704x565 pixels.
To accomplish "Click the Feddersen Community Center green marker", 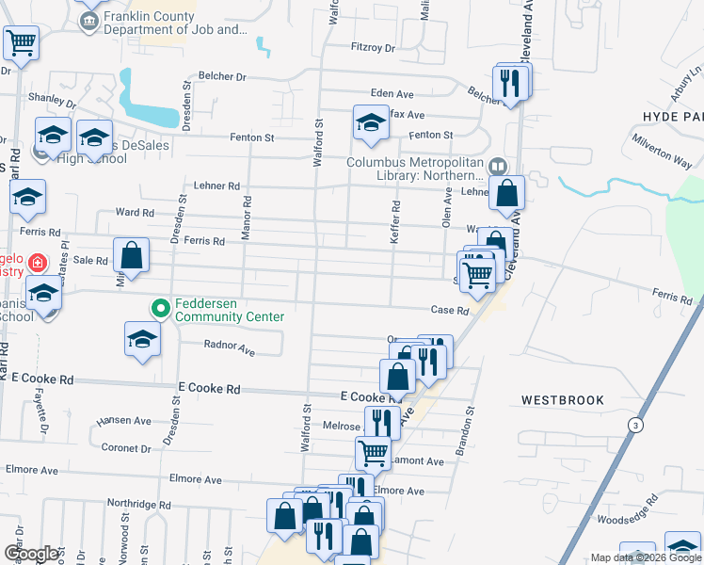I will [x=161, y=307].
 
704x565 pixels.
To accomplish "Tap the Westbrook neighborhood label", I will [x=563, y=400].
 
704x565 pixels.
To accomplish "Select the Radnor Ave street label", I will [x=230, y=348].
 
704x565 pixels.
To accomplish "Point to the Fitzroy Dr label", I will [x=374, y=47].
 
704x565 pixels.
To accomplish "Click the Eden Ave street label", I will [x=392, y=94].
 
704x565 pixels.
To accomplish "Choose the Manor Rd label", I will [x=247, y=217].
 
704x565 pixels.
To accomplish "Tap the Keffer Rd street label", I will [x=396, y=222].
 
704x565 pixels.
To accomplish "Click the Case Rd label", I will [x=449, y=311].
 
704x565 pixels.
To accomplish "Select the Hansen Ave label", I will [x=123, y=421].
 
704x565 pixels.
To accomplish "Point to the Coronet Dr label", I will [x=125, y=448].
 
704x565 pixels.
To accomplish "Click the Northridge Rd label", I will [x=138, y=505].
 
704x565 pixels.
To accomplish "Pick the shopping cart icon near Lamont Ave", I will [x=373, y=452].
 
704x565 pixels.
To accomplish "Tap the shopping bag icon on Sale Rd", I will [x=132, y=255].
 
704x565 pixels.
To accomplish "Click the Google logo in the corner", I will [x=32, y=554].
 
